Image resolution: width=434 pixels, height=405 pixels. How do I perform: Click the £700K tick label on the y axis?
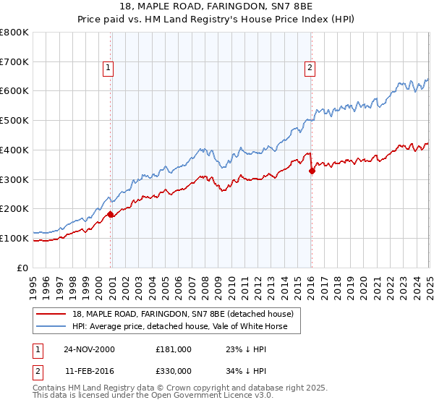point(14,61)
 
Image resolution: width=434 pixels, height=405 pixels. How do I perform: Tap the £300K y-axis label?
point(14,179)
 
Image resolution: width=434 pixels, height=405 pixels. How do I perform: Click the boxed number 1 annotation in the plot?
point(108,69)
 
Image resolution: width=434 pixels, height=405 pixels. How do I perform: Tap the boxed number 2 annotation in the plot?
point(310,69)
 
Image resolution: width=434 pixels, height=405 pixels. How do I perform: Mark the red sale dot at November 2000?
point(111,214)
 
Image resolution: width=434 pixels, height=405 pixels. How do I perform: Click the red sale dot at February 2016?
point(312,171)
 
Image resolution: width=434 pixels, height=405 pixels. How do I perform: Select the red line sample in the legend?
point(51,314)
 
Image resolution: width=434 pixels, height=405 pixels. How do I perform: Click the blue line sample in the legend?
point(51,326)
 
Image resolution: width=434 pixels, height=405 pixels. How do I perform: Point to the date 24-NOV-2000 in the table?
point(89,349)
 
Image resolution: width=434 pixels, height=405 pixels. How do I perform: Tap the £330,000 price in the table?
point(173,370)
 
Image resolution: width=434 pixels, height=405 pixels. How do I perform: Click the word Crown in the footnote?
point(183,388)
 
